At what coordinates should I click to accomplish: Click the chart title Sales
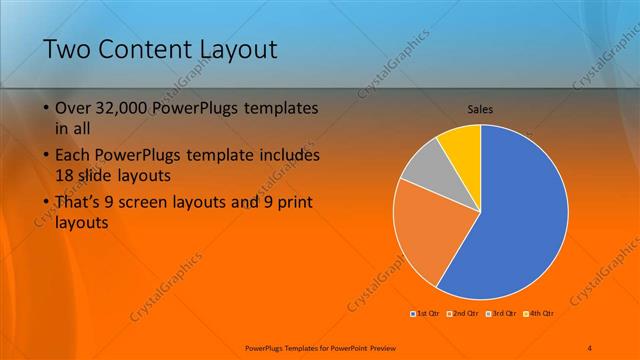coord(480,109)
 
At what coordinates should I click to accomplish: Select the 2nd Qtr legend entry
coord(461,314)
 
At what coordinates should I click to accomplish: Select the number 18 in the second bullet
coord(65,175)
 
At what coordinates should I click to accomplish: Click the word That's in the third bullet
coord(79,202)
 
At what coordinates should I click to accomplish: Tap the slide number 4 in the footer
coord(590,346)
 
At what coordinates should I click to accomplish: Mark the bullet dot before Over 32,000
coord(47,108)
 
